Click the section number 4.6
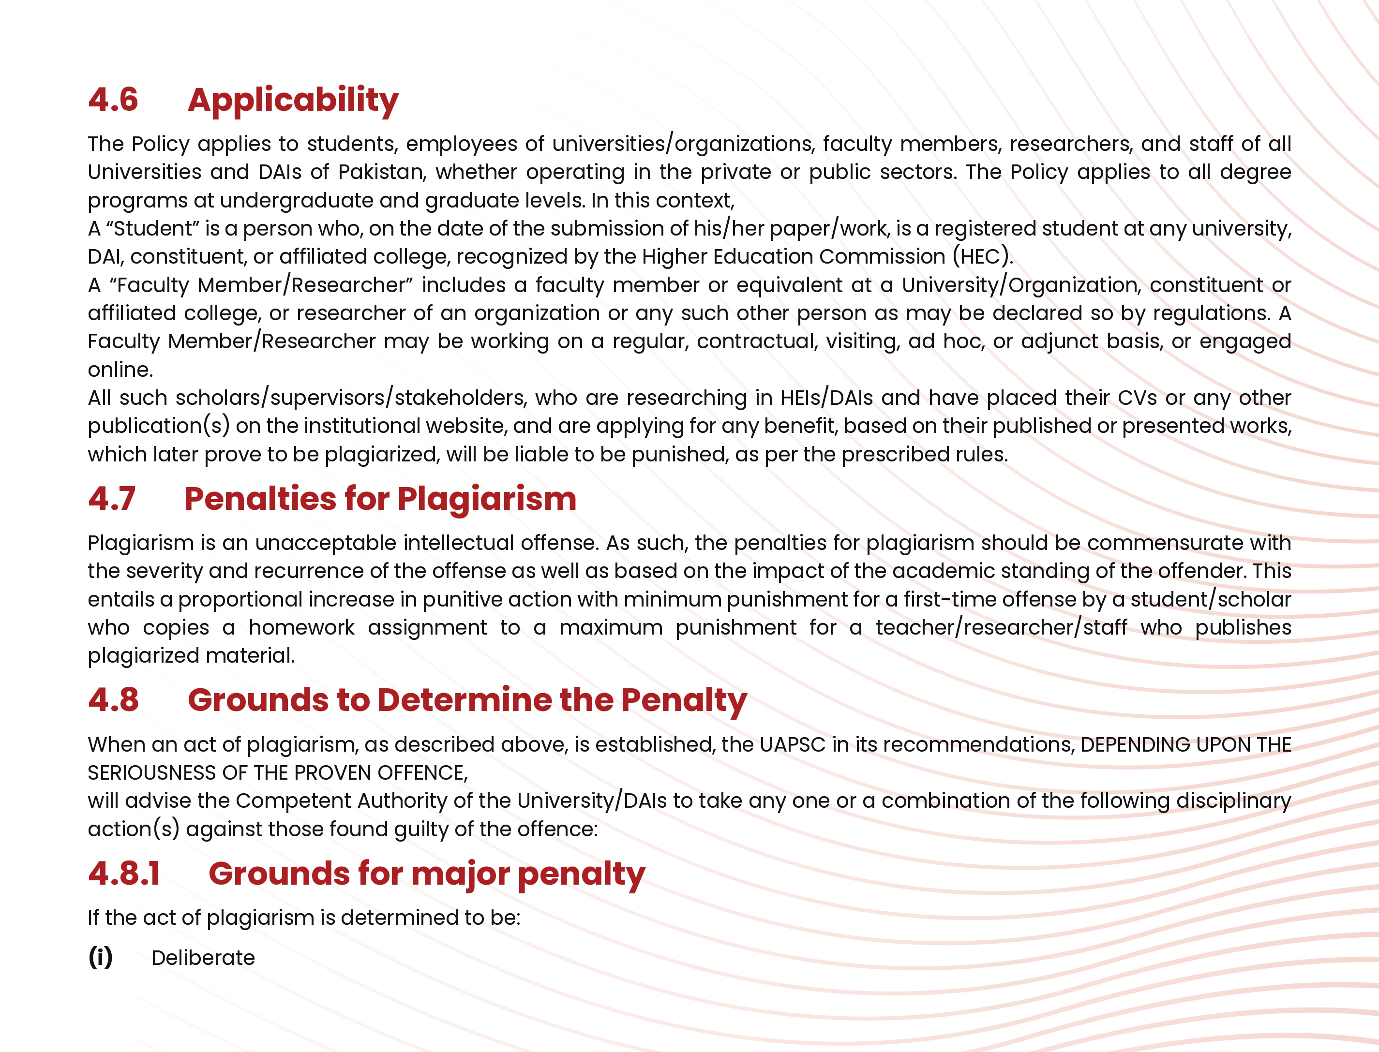[113, 100]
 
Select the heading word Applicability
[293, 101]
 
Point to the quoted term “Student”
[152, 229]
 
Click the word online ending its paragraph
[119, 370]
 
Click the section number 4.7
[111, 499]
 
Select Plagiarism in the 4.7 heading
[487, 499]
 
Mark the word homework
[301, 627]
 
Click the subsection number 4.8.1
[124, 874]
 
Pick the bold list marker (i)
[100, 958]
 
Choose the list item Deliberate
[203, 958]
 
